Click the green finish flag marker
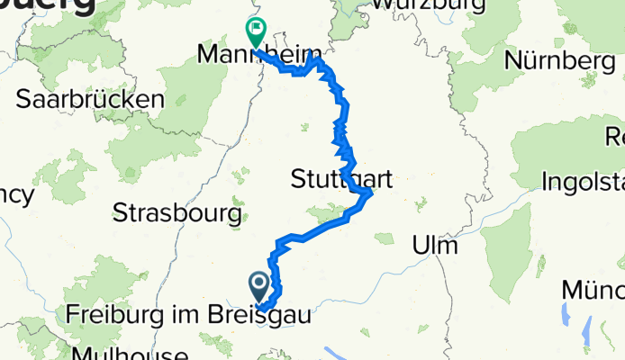pyautogui.click(x=256, y=32)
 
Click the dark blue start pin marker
pyautogui.click(x=258, y=286)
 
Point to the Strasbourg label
pyautogui.click(x=177, y=213)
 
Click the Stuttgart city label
pyautogui.click(x=341, y=179)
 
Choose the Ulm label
pyautogui.click(x=435, y=245)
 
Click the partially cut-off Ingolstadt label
pyautogui.click(x=583, y=182)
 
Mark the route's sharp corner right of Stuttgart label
pyautogui.click(x=370, y=193)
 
